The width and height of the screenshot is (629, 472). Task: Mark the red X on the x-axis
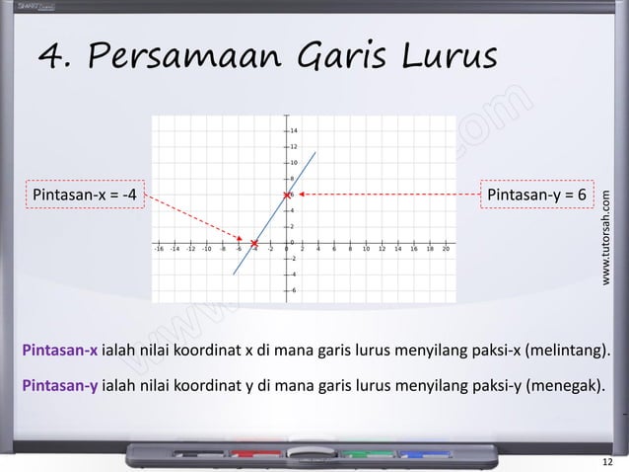[x=253, y=243]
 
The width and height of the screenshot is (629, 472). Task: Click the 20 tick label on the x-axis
[x=447, y=251]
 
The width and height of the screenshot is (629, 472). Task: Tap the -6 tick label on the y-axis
[x=295, y=291]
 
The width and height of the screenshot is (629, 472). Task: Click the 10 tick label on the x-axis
[x=366, y=251]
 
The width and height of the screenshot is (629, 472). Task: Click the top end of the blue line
[x=315, y=152]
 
